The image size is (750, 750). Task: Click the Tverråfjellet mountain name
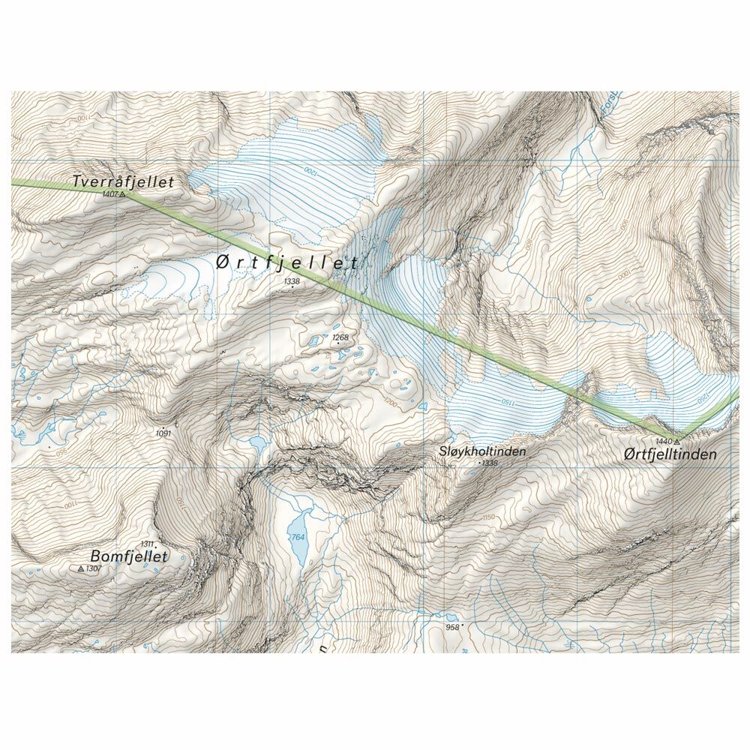point(123,182)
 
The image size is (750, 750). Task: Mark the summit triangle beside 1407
point(124,194)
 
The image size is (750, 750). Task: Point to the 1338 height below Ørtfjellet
point(292,281)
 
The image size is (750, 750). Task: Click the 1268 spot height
point(340,337)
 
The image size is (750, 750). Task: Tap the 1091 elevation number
point(163,433)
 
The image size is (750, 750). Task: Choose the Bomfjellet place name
point(128,556)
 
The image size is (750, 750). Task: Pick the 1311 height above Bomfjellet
point(147,544)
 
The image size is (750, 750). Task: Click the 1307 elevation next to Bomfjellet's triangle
point(93,569)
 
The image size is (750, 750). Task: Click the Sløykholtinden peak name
point(482,451)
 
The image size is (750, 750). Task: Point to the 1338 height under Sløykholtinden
point(490,463)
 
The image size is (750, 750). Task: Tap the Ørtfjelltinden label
point(670,454)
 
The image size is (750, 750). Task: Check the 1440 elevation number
point(663,441)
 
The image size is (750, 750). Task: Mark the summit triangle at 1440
point(677,441)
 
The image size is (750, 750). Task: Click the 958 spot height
point(452,627)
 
